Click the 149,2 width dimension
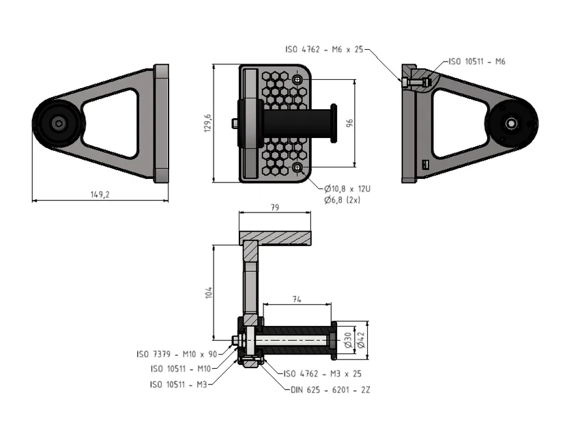tap(100, 194)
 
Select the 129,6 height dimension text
tap(209, 123)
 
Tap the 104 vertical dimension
tap(209, 292)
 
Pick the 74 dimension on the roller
tap(297, 299)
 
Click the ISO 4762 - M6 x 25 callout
tap(325, 49)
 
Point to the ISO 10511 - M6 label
tap(477, 61)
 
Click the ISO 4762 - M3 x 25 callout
tap(322, 374)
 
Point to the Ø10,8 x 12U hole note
tap(347, 188)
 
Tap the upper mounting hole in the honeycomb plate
tap(297, 80)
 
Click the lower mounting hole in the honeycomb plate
tap(297, 167)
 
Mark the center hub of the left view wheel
tap(59, 124)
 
